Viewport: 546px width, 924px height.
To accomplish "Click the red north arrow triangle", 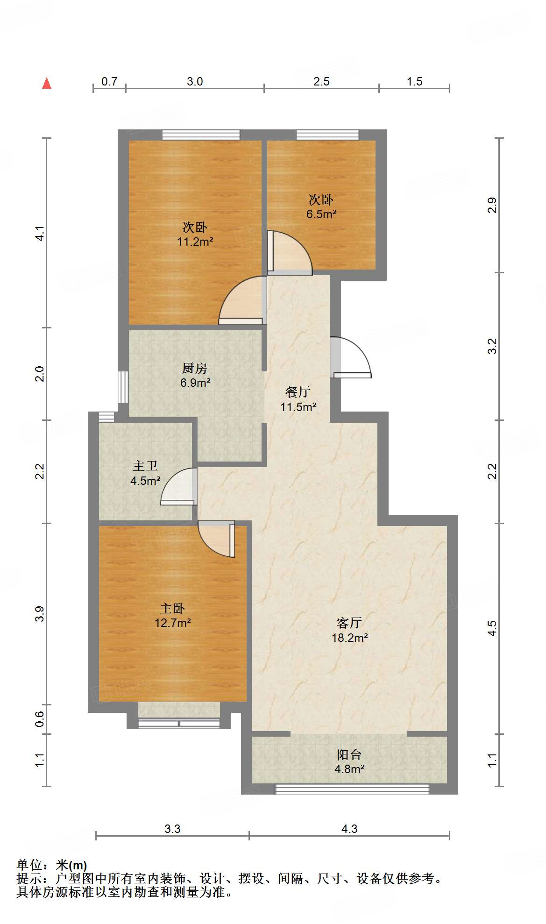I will [47, 84].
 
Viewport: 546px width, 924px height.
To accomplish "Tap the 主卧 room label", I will [172, 608].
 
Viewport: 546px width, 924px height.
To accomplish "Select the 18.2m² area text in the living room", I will [350, 638].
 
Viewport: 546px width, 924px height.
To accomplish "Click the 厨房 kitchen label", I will [195, 368].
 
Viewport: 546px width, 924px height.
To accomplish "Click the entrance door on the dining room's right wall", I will [350, 357].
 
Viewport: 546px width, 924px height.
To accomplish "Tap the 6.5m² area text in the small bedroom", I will [321, 214].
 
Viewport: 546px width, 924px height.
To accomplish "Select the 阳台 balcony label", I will [349, 755].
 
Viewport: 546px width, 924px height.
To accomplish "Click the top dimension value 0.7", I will [109, 81].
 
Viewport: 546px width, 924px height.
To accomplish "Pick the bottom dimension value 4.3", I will [349, 829].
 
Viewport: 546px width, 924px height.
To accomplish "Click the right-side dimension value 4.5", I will [492, 628].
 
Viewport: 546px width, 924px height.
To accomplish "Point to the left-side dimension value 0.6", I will [40, 719].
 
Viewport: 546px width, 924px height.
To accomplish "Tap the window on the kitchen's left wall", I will [123, 387].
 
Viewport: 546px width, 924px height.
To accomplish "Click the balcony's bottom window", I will [352, 789].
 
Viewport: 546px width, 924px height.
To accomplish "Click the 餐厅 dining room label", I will [298, 391].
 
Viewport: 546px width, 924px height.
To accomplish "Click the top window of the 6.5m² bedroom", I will [327, 135].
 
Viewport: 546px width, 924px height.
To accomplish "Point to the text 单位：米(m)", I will [52, 865].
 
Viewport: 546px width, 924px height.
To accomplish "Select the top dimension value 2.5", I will [321, 81].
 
